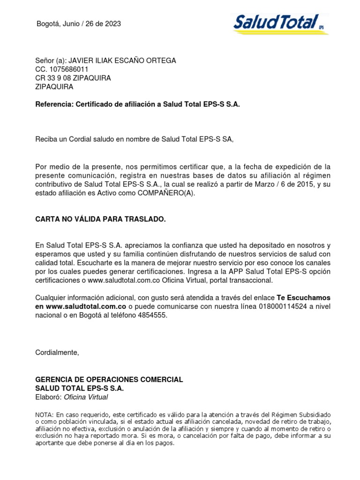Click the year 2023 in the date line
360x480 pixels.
pyautogui.click(x=112, y=24)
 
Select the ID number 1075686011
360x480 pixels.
pyautogui.click(x=67, y=69)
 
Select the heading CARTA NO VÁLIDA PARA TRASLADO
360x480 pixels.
pyautogui.click(x=101, y=219)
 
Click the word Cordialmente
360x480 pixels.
pyautogui.click(x=58, y=352)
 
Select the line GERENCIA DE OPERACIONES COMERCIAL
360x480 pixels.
pyautogui.click(x=109, y=379)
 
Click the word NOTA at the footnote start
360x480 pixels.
pyautogui.click(x=45, y=415)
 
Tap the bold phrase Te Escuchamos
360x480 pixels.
pyautogui.click(x=304, y=298)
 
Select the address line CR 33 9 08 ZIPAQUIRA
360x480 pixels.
pyautogui.click(x=73, y=78)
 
